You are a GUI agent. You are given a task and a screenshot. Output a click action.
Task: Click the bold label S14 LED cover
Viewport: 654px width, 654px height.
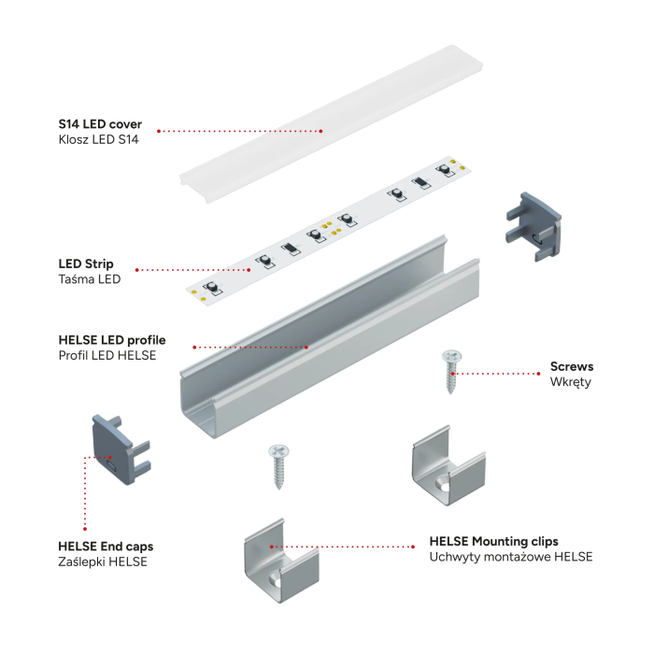[99, 123]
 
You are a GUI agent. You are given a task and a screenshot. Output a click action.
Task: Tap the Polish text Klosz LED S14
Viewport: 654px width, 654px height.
[98, 139]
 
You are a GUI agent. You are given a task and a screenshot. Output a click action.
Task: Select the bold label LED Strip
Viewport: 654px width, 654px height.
[86, 263]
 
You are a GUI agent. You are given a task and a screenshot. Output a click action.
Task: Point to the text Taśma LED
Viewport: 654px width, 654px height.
[89, 279]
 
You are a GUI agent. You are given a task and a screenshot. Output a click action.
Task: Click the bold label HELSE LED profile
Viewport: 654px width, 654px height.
[111, 339]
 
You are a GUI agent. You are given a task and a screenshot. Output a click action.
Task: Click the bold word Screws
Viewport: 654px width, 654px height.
[571, 366]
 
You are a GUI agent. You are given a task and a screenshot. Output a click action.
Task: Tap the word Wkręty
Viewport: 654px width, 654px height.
[570, 382]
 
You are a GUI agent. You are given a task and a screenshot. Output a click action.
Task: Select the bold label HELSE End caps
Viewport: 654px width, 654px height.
[106, 546]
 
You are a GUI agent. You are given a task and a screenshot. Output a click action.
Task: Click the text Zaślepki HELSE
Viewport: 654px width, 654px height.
[102, 562]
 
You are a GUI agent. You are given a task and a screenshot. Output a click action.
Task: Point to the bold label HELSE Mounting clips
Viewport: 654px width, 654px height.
[493, 541]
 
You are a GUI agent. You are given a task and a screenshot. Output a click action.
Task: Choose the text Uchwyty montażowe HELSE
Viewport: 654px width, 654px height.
[510, 557]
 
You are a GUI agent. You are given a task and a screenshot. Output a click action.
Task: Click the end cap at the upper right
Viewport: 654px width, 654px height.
[532, 225]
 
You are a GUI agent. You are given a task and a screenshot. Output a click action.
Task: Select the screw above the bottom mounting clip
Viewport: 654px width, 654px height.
[278, 464]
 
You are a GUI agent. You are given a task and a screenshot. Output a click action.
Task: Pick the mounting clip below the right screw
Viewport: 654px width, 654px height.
[447, 466]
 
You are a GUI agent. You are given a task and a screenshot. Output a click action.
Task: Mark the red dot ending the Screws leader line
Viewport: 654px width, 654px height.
[464, 374]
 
